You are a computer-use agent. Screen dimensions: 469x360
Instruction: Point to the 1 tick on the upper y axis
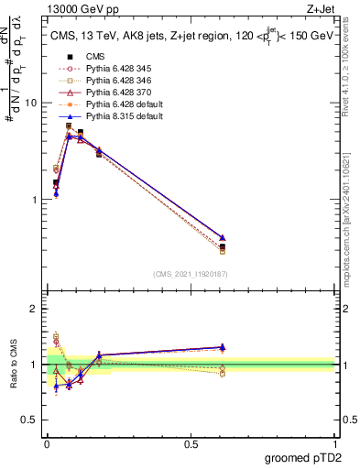pos(37,199)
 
